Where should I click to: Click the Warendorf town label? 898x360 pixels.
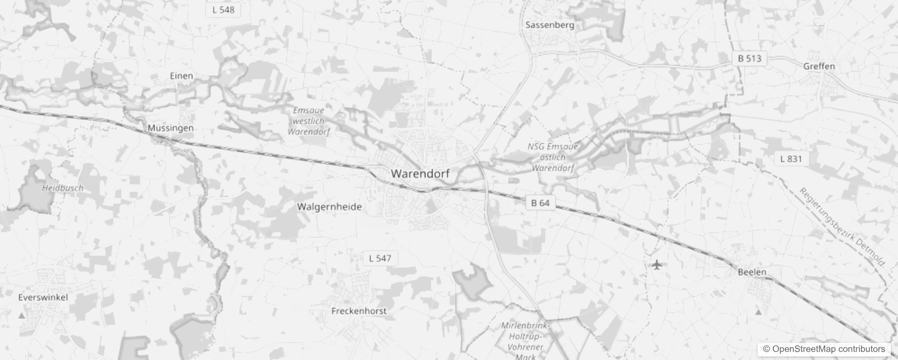(x=420, y=174)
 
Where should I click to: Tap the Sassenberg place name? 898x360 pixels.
(x=550, y=25)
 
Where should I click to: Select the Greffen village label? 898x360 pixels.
(x=819, y=67)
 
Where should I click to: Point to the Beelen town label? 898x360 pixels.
(x=752, y=272)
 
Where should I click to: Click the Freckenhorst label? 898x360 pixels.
(x=359, y=311)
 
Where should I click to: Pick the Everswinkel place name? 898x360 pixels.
(x=43, y=297)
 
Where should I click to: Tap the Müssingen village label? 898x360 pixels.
(x=171, y=128)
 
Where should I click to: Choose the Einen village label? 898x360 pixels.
(x=181, y=76)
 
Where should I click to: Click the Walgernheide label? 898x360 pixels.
(x=329, y=207)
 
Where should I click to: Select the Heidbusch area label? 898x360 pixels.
(x=63, y=188)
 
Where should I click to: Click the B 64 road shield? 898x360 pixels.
(x=540, y=203)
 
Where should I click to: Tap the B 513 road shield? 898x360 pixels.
(x=750, y=58)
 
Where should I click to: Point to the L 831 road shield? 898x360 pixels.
(x=791, y=159)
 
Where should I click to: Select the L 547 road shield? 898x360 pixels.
(x=380, y=258)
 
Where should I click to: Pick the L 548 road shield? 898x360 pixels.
(x=223, y=10)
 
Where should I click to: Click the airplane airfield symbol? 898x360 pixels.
(x=657, y=265)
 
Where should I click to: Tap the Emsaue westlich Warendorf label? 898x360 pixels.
(x=309, y=121)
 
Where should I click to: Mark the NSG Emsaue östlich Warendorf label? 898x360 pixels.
(x=552, y=157)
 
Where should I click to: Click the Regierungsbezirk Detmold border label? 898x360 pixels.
(x=842, y=227)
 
